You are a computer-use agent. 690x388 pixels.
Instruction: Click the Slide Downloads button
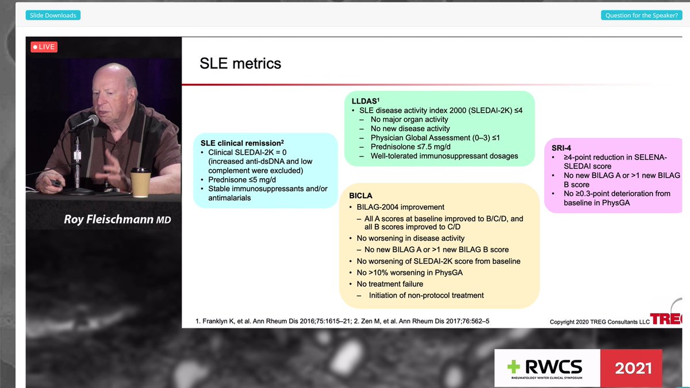click(x=53, y=15)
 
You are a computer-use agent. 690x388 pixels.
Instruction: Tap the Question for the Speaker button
click(x=641, y=15)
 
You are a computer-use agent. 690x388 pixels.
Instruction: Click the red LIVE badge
click(x=44, y=47)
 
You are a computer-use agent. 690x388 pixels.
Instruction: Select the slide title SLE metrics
click(x=240, y=63)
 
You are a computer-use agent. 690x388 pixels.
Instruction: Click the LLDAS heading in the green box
click(x=365, y=101)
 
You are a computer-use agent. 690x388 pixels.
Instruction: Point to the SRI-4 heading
click(x=561, y=148)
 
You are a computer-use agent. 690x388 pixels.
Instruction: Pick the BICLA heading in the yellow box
click(x=361, y=195)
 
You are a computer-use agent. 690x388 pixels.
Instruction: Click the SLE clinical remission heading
click(x=242, y=143)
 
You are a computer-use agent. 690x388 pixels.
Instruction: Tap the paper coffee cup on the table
click(x=141, y=182)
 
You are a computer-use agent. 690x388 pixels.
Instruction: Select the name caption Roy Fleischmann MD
click(x=117, y=219)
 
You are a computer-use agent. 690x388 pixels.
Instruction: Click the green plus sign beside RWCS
click(x=513, y=367)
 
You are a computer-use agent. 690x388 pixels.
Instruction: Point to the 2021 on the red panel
click(x=633, y=368)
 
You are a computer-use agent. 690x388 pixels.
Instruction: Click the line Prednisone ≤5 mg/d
click(x=242, y=179)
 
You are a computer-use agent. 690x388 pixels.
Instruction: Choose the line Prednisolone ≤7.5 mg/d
click(x=411, y=147)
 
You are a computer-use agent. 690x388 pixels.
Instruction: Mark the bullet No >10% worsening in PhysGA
click(x=409, y=272)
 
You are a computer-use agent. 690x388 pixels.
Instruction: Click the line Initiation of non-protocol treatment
click(x=426, y=295)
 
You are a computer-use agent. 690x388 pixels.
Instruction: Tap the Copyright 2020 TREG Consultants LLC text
click(x=599, y=322)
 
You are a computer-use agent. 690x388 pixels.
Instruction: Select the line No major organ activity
click(x=409, y=120)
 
